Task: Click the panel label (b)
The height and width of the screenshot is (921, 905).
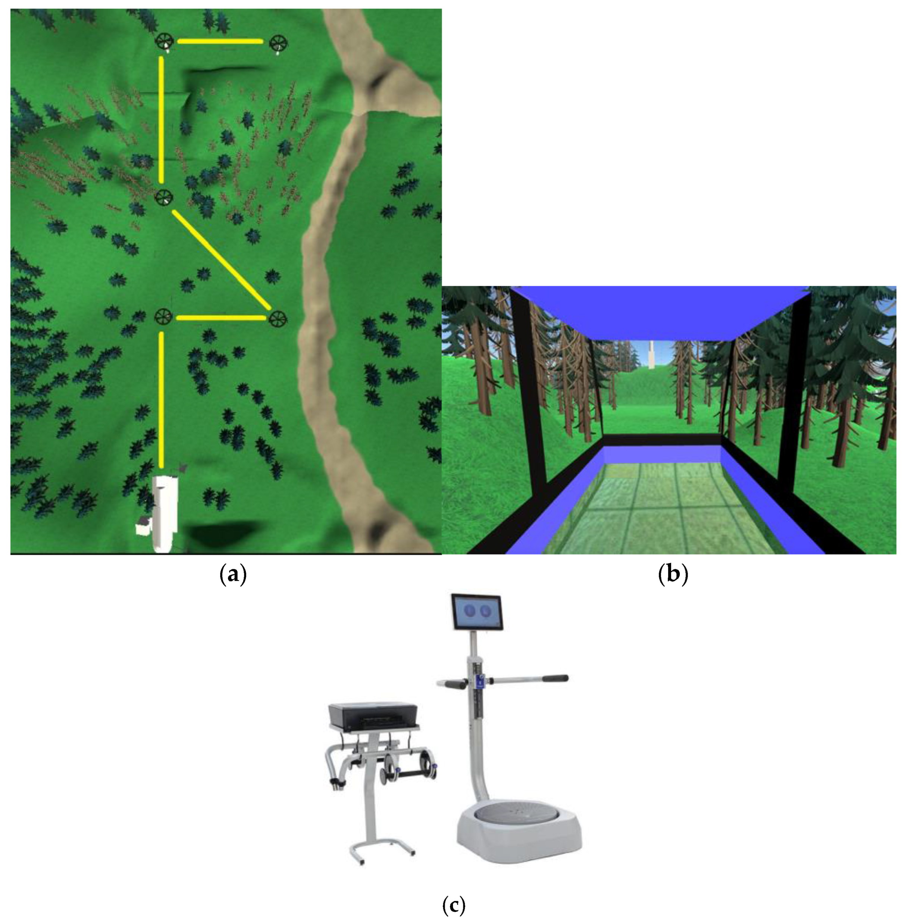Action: tap(673, 575)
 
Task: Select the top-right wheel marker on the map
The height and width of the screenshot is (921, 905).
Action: tap(277, 43)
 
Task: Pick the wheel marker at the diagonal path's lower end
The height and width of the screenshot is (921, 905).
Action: tap(278, 318)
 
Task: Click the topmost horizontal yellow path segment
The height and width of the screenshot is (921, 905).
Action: tap(220, 41)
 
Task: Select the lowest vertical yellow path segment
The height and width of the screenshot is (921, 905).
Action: tap(162, 399)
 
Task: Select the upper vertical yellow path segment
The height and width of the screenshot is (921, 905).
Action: tap(162, 119)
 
